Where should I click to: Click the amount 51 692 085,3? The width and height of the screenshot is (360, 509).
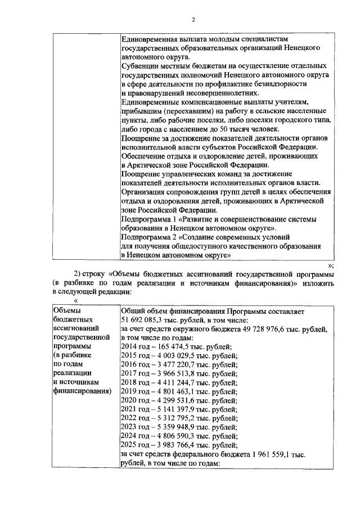(x=142, y=319)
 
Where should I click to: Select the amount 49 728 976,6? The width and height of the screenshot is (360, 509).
(x=272, y=328)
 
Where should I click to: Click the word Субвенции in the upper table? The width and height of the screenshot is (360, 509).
(x=141, y=65)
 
